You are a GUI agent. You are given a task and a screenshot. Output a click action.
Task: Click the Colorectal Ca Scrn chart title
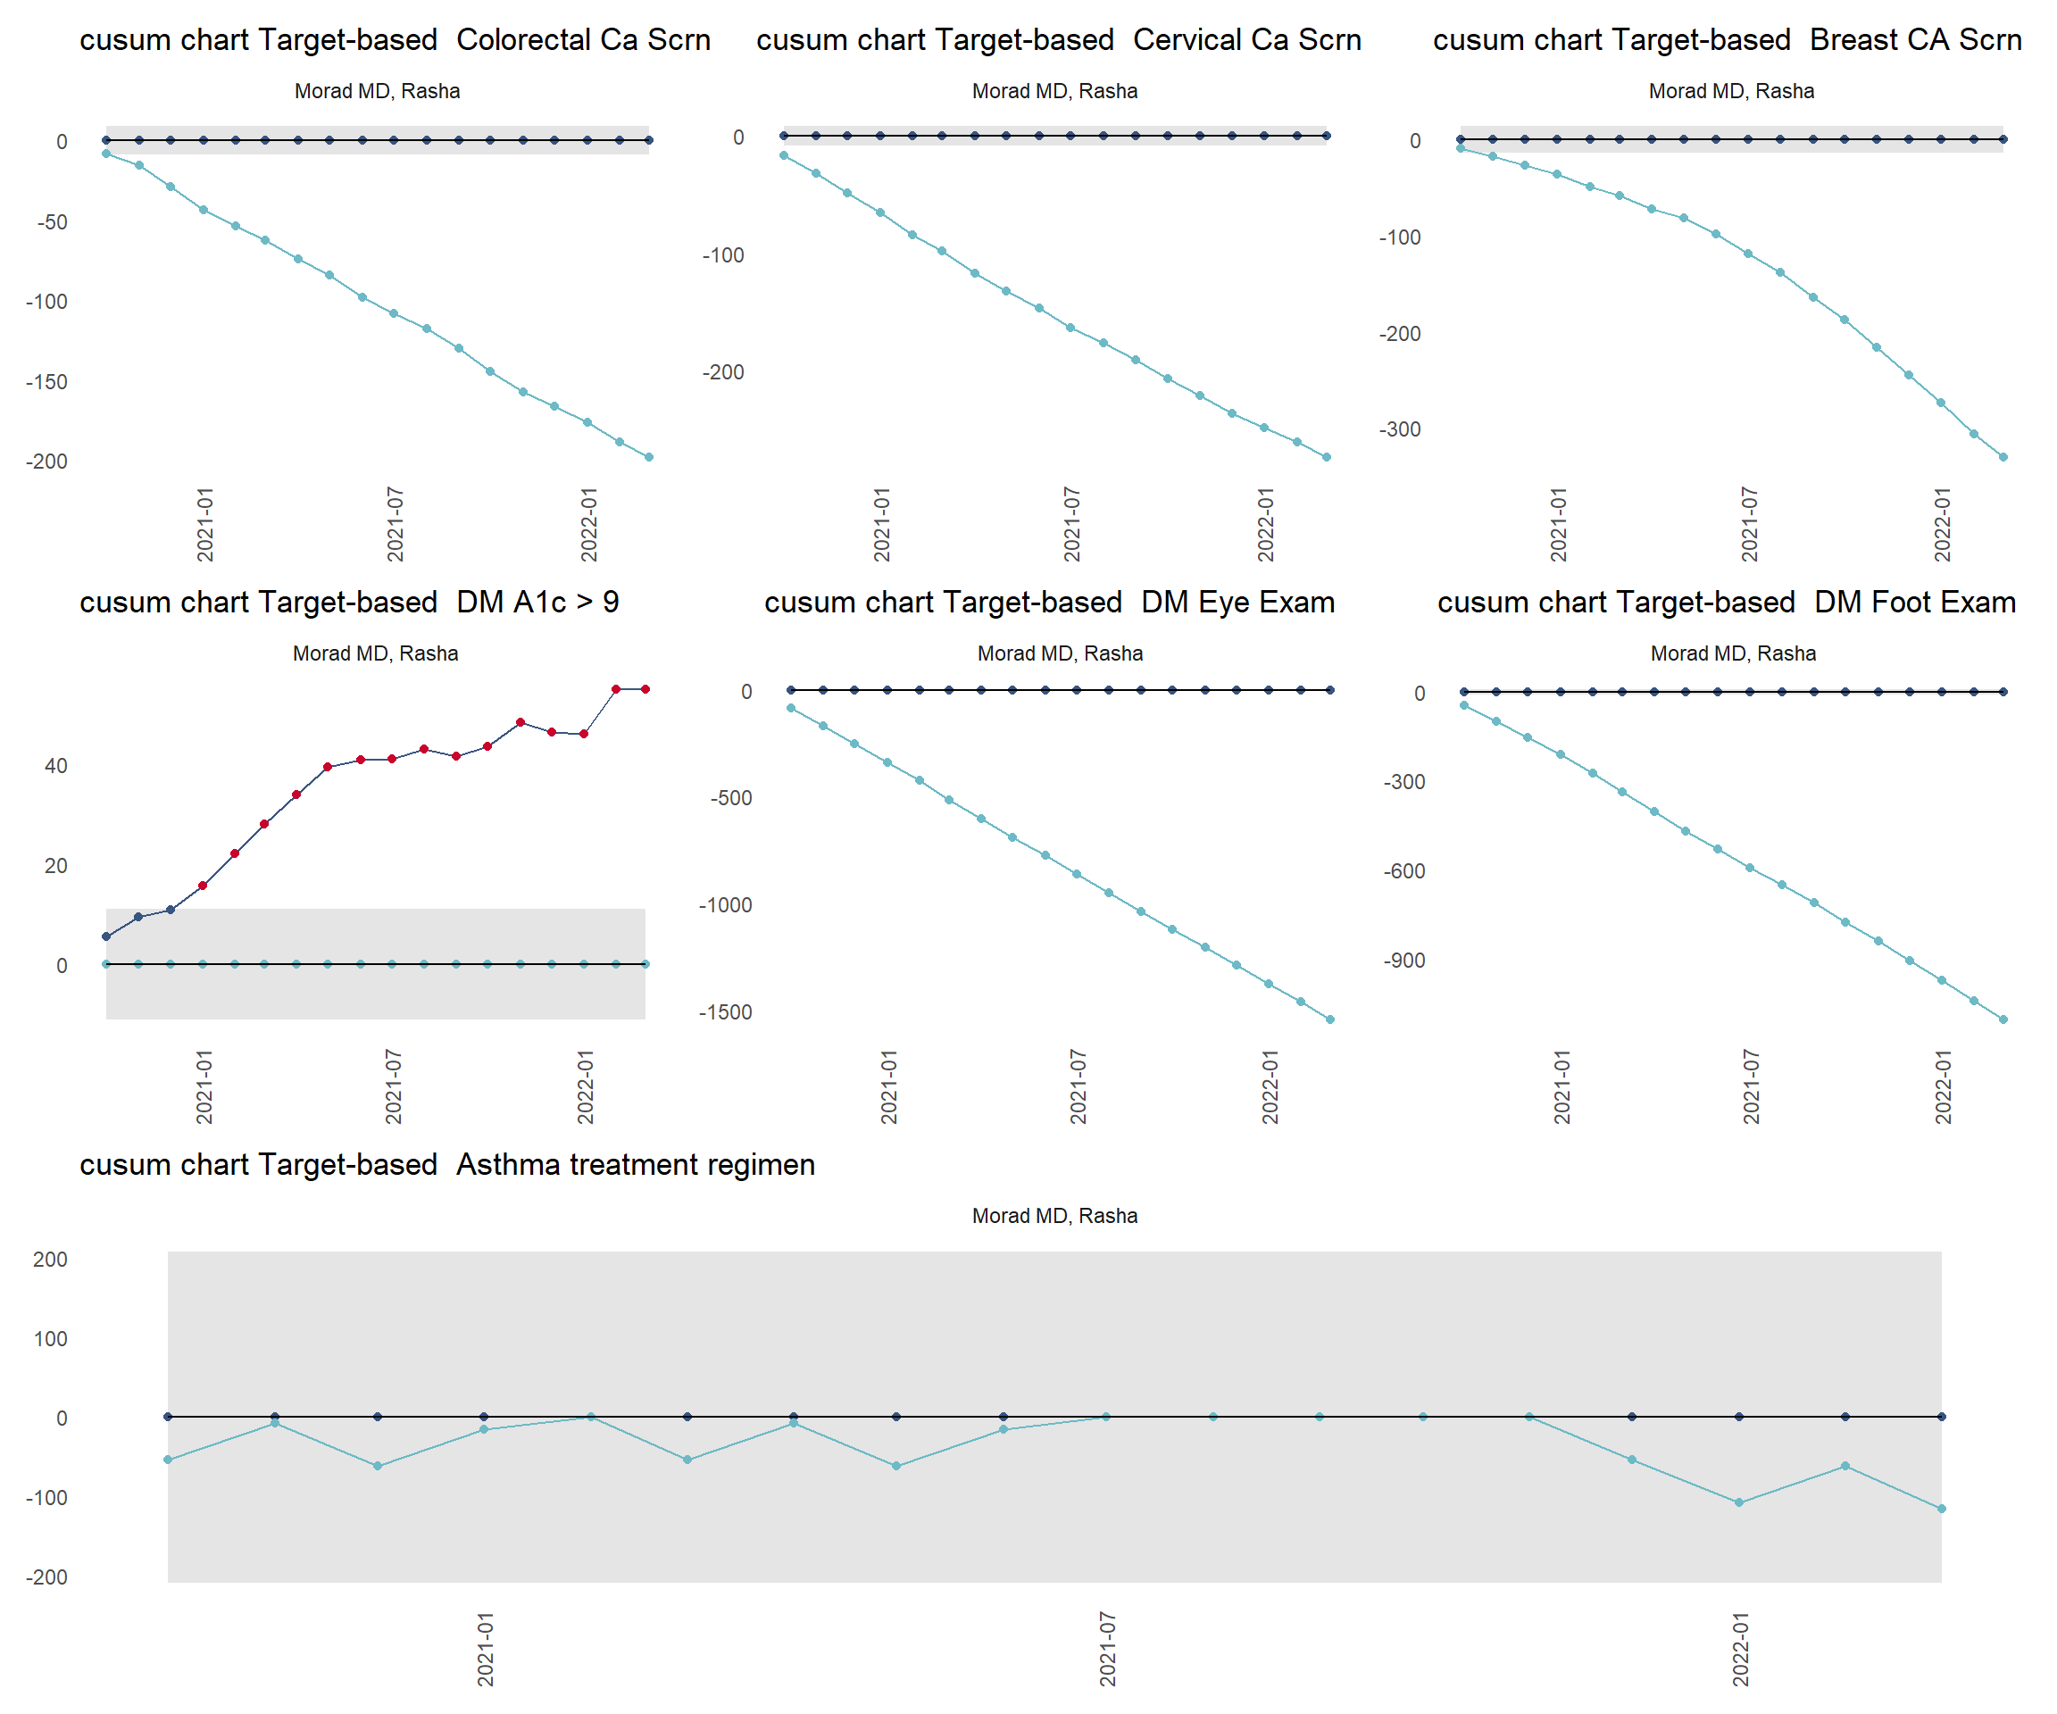[x=395, y=40]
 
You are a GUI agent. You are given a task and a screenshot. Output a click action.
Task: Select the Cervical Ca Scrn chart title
[x=1059, y=40]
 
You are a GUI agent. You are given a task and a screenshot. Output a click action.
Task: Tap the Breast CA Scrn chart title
[x=1727, y=40]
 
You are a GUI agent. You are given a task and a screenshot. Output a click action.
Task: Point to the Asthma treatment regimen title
[x=447, y=1165]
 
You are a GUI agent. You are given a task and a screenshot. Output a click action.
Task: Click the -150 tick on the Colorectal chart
[x=47, y=382]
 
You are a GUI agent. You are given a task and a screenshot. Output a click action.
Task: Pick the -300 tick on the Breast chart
[x=1400, y=429]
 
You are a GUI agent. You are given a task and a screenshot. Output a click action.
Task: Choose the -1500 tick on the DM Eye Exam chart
[x=725, y=1012]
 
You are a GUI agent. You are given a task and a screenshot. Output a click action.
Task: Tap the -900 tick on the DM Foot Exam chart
[x=1403, y=961]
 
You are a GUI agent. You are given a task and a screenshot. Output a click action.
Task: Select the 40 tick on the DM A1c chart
[x=56, y=766]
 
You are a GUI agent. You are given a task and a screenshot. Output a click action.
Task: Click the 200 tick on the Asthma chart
[x=50, y=1260]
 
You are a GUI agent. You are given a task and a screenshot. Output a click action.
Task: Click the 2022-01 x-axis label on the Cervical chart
[x=1266, y=524]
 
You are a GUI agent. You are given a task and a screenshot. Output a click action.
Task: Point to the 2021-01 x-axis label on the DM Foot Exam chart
[x=1561, y=1086]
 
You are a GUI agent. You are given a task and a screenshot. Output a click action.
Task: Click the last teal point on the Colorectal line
[x=648, y=457]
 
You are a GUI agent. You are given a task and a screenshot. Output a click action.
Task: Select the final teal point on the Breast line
[x=2003, y=457]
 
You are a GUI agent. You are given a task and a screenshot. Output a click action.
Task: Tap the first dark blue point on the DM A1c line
[x=105, y=936]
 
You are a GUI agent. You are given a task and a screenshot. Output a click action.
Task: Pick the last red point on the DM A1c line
[x=645, y=689]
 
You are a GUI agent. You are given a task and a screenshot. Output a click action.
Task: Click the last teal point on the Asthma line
[x=1942, y=1510]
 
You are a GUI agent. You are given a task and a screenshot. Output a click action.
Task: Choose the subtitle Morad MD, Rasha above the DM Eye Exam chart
[x=1060, y=653]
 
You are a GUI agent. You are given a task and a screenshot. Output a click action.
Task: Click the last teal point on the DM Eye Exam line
[x=1330, y=1019]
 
